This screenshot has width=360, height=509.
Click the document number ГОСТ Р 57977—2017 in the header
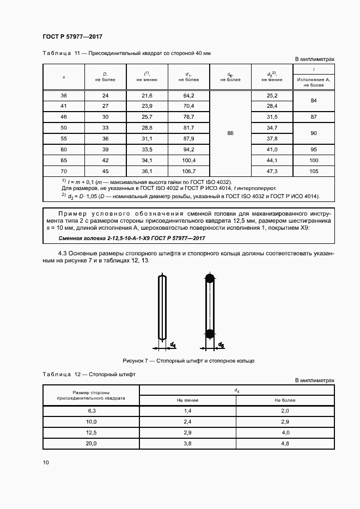tap(72, 37)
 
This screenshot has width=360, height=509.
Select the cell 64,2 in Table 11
tap(189, 95)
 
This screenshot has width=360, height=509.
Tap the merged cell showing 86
tap(230, 133)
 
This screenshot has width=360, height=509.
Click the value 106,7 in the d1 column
tap(189, 171)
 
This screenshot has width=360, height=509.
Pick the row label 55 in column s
tap(64, 138)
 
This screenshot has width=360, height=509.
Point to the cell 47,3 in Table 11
tap(272, 171)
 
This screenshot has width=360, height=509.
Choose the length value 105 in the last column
tap(314, 171)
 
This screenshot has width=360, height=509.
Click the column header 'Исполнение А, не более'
tap(314, 82)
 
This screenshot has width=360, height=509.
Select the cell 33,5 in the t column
tap(147, 149)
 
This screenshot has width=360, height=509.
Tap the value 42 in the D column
tap(106, 160)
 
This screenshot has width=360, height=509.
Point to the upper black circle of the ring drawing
tap(210, 279)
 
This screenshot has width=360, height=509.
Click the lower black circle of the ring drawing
tap(210, 333)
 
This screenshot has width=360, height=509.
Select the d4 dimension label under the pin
tap(173, 345)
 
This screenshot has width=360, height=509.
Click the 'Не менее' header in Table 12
tap(187, 400)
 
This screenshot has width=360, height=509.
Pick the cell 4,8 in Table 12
tap(284, 444)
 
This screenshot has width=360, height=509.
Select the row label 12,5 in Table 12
tap(91, 433)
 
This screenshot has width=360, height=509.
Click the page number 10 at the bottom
tap(46, 463)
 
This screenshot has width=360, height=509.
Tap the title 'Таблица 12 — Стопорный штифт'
tap(89, 375)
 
